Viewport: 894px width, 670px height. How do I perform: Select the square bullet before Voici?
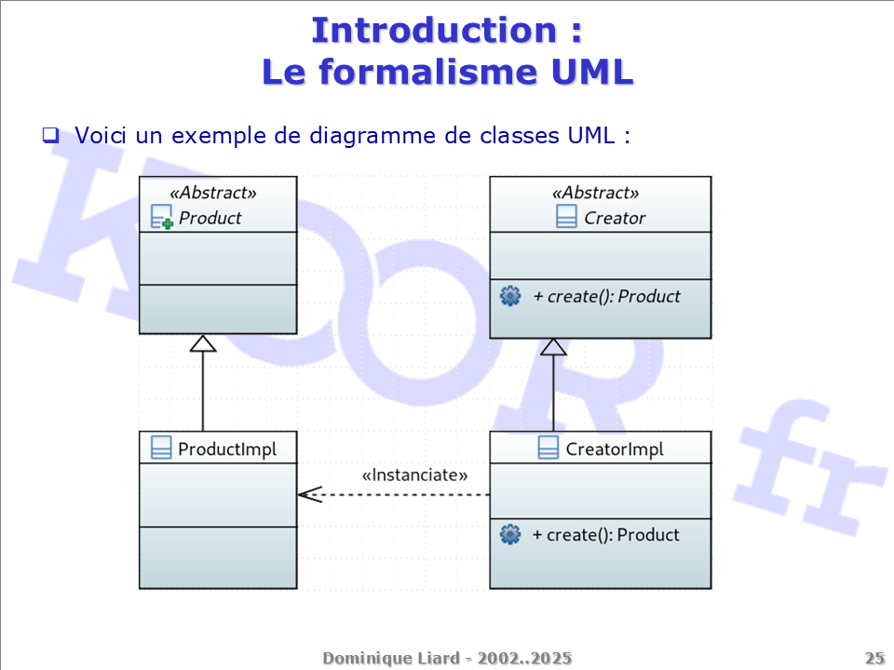tap(50, 135)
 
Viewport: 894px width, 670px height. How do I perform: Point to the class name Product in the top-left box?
tap(210, 219)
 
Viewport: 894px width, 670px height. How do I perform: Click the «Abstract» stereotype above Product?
tap(213, 194)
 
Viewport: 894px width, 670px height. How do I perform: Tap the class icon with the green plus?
tap(162, 219)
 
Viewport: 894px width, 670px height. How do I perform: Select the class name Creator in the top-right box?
tap(615, 219)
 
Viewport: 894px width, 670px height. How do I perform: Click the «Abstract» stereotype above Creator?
tap(596, 194)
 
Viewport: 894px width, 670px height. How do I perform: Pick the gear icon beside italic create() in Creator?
tap(510, 297)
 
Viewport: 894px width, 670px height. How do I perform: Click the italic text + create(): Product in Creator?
tap(606, 297)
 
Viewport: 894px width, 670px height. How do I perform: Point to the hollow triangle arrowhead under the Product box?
tap(203, 343)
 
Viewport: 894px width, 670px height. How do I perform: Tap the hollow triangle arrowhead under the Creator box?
tap(554, 347)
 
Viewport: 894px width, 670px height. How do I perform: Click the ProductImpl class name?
tap(227, 449)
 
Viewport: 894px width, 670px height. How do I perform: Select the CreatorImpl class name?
tap(615, 449)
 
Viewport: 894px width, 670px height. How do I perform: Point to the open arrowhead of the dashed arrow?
tap(308, 495)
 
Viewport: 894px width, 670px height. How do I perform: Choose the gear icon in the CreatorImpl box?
tap(510, 535)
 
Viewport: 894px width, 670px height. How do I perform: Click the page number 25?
tap(874, 659)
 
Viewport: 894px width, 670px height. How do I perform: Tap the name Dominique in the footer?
tap(365, 659)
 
